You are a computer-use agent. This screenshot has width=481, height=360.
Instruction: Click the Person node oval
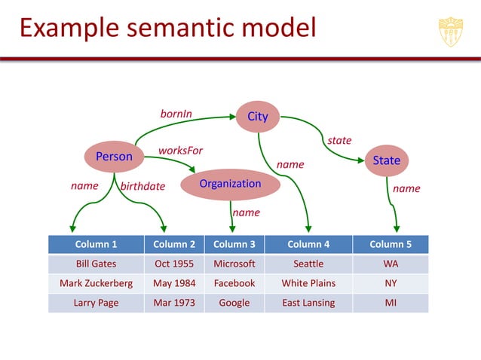[x=114, y=157]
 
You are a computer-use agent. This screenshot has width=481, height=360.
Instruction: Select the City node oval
[x=257, y=117]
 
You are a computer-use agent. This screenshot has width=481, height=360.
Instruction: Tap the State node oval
[x=386, y=160]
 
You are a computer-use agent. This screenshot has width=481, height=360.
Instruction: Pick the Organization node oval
[x=230, y=184]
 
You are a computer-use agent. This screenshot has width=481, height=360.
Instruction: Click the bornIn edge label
[x=176, y=114]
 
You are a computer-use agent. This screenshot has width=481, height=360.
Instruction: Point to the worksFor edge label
[x=180, y=150]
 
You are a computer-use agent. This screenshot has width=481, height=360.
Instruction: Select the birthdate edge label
[x=142, y=187]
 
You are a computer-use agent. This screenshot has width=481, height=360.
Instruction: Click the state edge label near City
[x=339, y=140]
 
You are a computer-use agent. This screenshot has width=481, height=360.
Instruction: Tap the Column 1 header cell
[x=96, y=244]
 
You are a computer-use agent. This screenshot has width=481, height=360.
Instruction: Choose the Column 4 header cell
[x=308, y=244]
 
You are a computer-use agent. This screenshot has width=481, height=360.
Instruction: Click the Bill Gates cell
[x=96, y=264]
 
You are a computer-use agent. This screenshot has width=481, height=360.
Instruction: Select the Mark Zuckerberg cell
[x=96, y=283]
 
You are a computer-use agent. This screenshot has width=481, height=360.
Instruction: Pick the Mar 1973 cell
[x=174, y=303]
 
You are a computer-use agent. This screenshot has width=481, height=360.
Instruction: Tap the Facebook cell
[x=234, y=283]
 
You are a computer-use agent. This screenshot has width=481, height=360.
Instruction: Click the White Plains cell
[x=308, y=283]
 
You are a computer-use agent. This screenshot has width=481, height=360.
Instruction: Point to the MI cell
[x=391, y=303]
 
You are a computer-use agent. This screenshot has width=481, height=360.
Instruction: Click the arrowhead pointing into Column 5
[x=397, y=228]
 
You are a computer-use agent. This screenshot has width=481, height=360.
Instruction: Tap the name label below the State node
[x=406, y=188]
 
